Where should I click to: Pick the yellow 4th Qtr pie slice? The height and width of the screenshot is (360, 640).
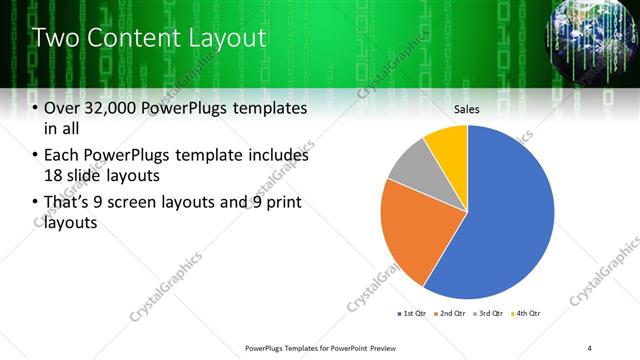[448, 146]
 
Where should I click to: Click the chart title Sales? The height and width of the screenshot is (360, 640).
[468, 108]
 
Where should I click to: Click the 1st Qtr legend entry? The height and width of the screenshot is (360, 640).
[413, 314]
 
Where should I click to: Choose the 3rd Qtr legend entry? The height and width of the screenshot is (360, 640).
[491, 314]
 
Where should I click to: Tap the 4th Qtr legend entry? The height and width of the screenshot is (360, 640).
[529, 314]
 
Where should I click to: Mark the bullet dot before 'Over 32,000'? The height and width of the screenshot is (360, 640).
[36, 108]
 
